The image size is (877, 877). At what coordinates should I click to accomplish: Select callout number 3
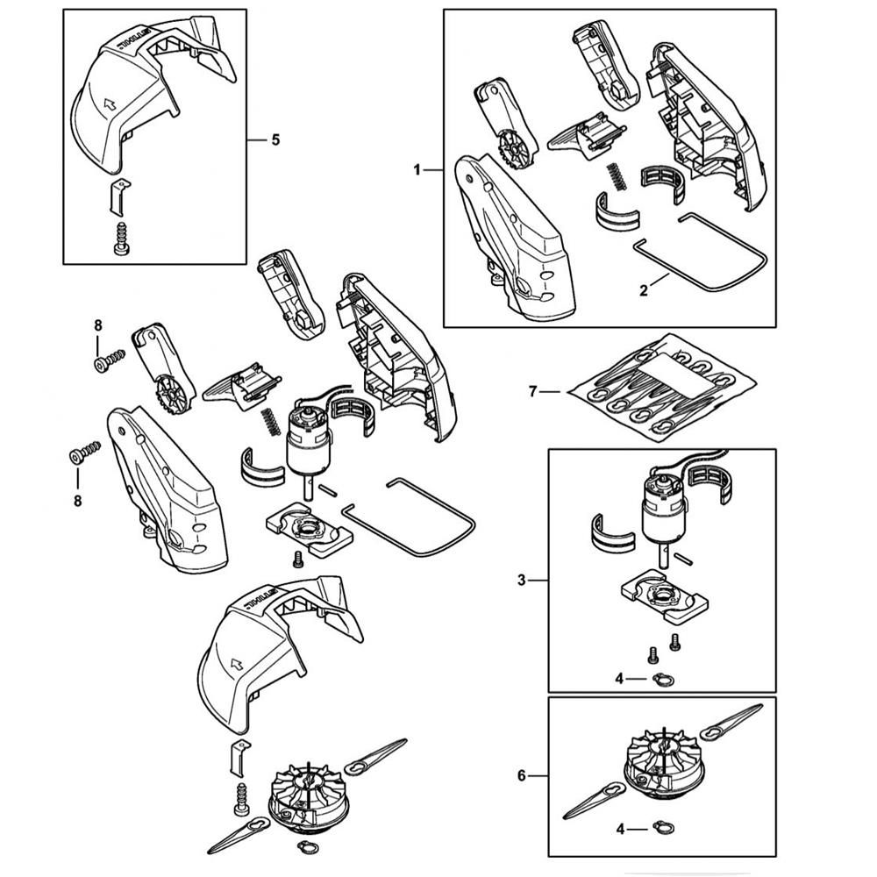pyautogui.click(x=522, y=580)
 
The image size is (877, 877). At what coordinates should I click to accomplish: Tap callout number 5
pyautogui.click(x=276, y=139)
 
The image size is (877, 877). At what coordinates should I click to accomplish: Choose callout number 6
pyautogui.click(x=522, y=775)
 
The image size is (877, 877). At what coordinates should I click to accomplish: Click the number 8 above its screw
pyautogui.click(x=97, y=325)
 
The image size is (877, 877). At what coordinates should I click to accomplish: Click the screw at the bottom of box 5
pyautogui.click(x=122, y=239)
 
